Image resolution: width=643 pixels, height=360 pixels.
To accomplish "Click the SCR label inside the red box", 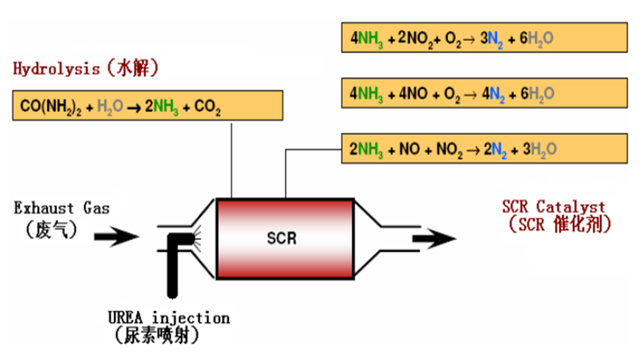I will [x=282, y=238].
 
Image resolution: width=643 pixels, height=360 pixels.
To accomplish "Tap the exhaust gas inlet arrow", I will [x=116, y=236].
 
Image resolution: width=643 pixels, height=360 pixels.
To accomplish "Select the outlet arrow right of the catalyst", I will [x=435, y=237].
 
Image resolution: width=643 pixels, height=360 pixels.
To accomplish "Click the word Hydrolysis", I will [x=56, y=68].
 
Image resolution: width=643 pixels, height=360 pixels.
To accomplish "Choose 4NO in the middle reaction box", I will [x=412, y=94].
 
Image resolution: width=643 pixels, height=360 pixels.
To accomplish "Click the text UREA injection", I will [x=168, y=318].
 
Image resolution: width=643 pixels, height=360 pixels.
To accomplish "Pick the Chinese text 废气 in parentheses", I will [x=52, y=230].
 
